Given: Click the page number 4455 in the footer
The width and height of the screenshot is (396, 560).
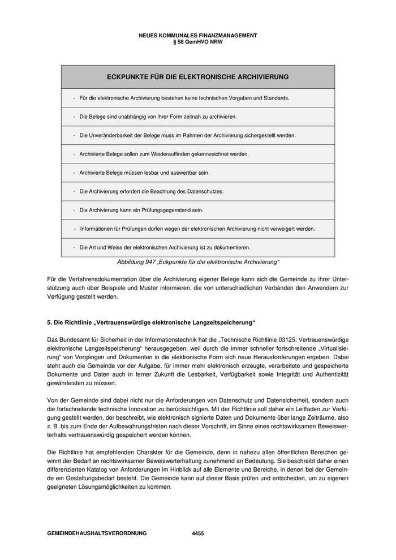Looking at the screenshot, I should (198, 533).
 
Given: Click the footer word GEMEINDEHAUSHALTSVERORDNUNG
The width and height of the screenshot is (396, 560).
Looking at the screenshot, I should (97, 533).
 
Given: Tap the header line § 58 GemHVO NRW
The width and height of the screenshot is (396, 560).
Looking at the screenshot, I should (197, 41).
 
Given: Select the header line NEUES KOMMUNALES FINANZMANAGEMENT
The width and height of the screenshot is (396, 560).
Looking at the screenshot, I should (197, 35).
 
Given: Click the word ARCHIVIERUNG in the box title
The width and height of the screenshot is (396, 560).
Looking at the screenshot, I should (259, 76).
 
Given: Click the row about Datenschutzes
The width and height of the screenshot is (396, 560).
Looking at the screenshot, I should (152, 191).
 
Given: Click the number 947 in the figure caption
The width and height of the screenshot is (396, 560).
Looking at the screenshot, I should (149, 262).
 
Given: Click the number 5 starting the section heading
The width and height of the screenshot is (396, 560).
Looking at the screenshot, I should (49, 322).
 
